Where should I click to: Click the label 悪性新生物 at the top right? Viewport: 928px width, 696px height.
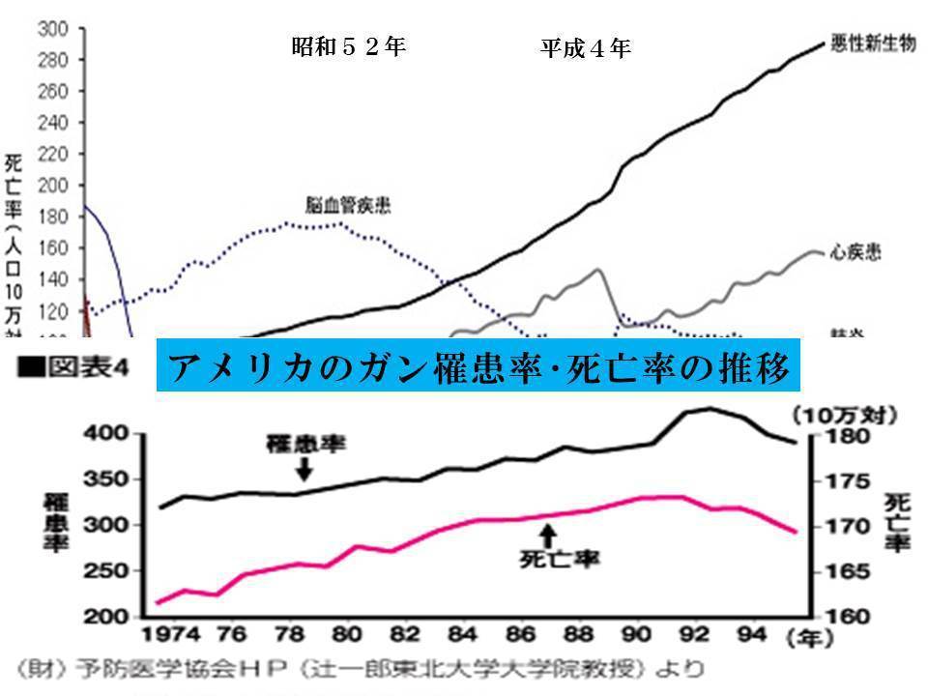(872, 45)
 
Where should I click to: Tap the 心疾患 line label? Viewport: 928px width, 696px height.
(855, 253)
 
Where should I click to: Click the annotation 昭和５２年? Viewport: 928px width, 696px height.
(349, 46)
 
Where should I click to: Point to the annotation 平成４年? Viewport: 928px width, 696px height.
(586, 47)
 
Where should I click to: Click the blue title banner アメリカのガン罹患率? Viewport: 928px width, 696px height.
(479, 365)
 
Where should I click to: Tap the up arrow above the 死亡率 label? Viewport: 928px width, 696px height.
(548, 534)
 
